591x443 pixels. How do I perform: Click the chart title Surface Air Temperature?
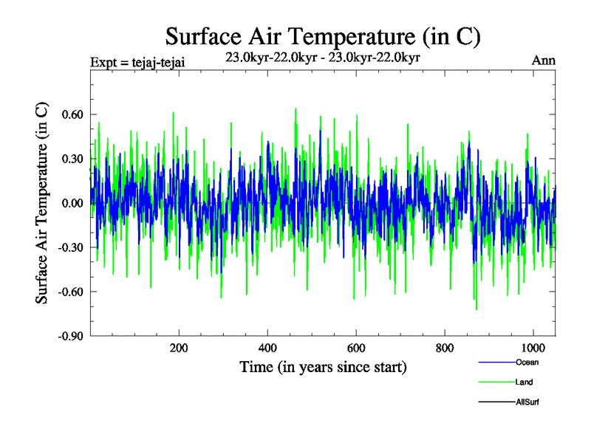tap(324, 37)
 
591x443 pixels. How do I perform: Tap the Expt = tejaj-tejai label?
tap(137, 61)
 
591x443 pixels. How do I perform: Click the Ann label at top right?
tap(544, 61)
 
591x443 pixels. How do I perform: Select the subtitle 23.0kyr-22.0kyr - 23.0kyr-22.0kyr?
tap(324, 57)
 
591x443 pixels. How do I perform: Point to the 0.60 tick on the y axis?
tap(71, 114)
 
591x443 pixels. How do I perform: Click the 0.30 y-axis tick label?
tap(71, 159)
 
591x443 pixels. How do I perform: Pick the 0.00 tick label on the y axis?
tap(71, 203)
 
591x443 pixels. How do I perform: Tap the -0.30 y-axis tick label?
tap(69, 247)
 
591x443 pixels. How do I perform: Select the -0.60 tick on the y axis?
tap(69, 292)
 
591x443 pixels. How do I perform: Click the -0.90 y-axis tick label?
tap(69, 336)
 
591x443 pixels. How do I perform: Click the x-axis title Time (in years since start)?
tap(324, 367)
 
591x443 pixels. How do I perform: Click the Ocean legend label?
tap(527, 362)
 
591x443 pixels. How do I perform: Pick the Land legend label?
tap(525, 382)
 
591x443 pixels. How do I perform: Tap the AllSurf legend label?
tap(528, 402)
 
